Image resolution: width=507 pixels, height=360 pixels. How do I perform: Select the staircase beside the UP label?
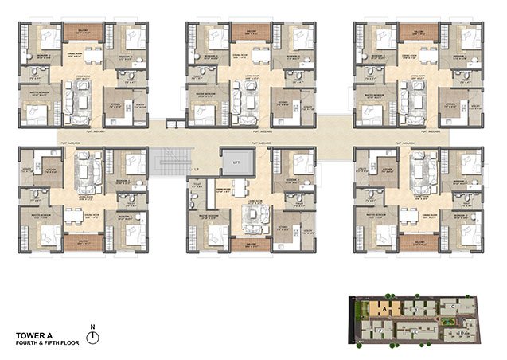[x=169, y=158]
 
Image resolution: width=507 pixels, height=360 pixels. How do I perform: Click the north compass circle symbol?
[x=93, y=338]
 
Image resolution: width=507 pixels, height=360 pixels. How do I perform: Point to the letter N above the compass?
[x=93, y=327]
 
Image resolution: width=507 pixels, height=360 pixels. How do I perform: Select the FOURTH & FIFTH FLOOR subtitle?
[x=45, y=343]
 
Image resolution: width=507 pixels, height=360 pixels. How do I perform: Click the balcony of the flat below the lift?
[x=251, y=245]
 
